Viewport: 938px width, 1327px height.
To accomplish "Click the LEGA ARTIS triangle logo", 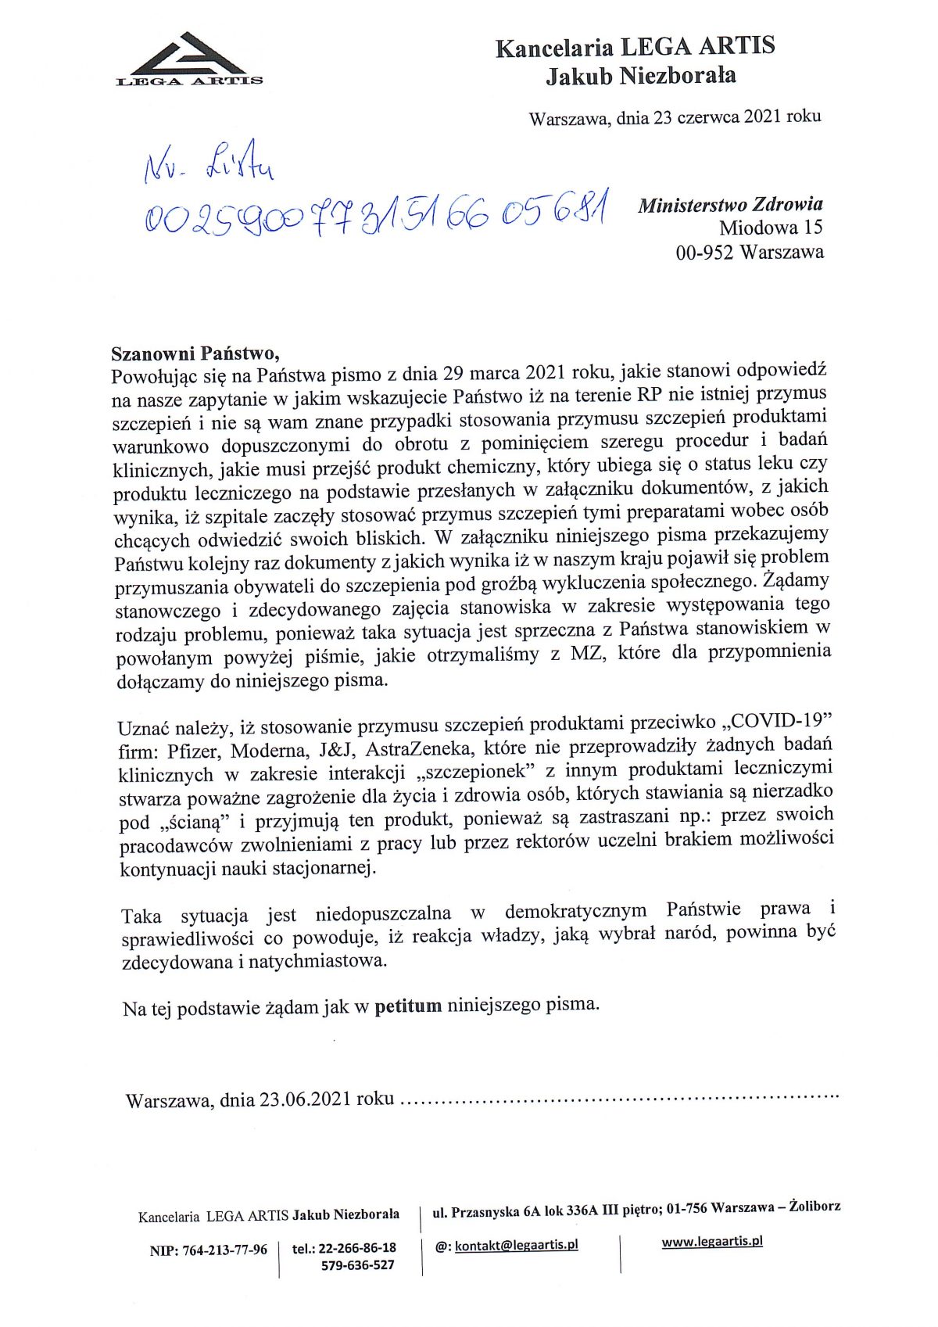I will (189, 59).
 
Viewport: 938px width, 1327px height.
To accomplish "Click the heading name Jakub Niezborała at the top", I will (640, 77).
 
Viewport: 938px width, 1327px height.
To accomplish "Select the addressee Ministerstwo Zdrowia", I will (730, 205).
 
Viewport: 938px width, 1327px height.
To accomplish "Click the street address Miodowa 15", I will (771, 228).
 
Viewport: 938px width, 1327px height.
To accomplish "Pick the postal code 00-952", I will (703, 253).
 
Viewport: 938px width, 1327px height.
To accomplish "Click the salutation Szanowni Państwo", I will (195, 353).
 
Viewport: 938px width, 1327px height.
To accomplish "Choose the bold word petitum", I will (408, 1006).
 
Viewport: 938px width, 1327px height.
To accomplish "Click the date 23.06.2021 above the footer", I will (306, 1099).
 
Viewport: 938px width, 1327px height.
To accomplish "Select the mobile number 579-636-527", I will (357, 1265).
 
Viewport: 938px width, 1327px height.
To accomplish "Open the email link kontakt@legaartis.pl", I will (516, 1245).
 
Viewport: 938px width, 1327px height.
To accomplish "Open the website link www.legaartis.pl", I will (711, 1241).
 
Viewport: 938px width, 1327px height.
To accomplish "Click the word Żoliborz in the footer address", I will (814, 1207).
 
